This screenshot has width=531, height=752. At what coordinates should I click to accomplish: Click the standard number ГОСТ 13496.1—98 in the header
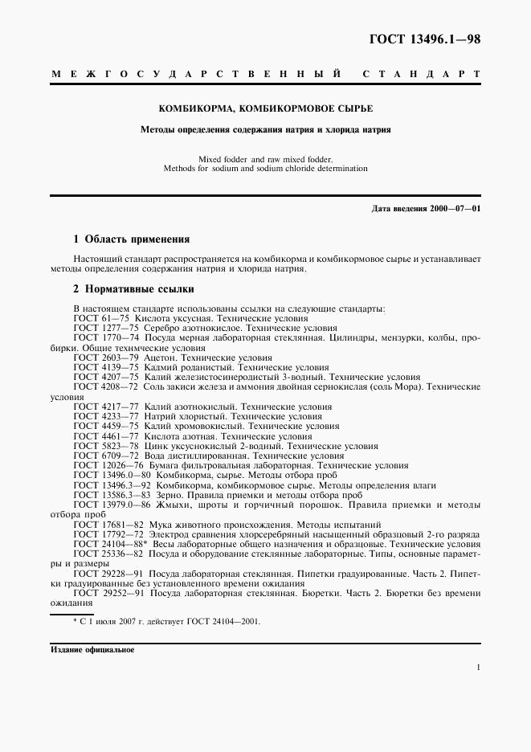424,40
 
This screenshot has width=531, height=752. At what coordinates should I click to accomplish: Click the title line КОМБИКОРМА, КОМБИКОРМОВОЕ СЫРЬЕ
265,108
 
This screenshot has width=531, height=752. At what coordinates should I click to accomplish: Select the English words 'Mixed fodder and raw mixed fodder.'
265,159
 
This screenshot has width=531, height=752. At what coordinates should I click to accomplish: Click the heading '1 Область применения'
131,239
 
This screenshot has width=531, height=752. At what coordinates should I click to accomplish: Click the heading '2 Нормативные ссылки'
133,288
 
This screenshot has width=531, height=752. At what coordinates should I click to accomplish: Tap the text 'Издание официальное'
92,649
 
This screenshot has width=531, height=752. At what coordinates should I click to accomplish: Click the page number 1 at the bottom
478,667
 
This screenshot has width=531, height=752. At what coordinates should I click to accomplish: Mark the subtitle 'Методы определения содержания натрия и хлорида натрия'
265,129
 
